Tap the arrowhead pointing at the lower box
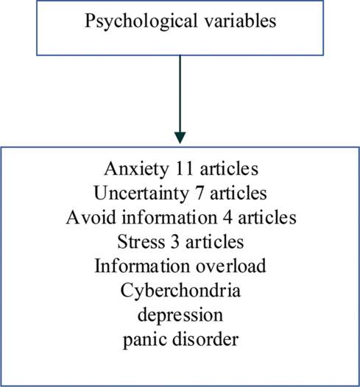pyautogui.click(x=180, y=137)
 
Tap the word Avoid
pyautogui.click(x=88, y=219)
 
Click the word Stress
pyautogui.click(x=137, y=242)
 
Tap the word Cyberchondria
pyautogui.click(x=180, y=290)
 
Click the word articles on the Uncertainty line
pyautogui.click(x=237, y=194)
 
